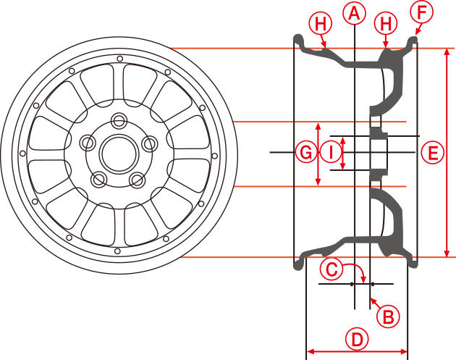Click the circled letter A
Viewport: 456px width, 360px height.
(x=354, y=12)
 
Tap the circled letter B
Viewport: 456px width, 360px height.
(x=388, y=316)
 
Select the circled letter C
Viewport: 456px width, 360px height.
(x=331, y=270)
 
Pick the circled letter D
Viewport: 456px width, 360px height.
(x=357, y=338)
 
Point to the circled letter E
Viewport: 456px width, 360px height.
(x=432, y=153)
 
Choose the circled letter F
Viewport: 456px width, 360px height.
(x=421, y=12)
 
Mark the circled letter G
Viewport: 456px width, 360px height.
(x=306, y=153)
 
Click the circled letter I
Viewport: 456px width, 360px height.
(x=331, y=153)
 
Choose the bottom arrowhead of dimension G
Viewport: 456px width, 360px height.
(x=319, y=182)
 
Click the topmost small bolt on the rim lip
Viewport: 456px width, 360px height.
(x=118, y=56)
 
